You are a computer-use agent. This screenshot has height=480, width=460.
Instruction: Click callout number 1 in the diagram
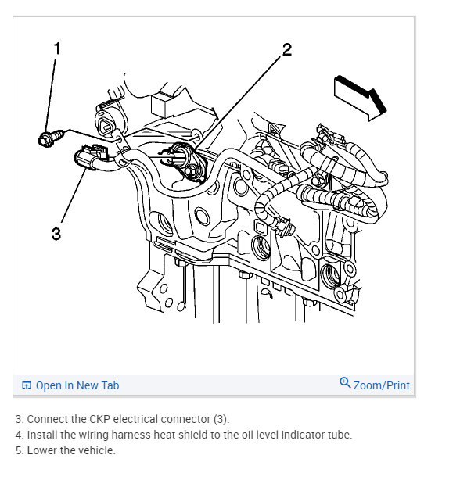click(x=56, y=48)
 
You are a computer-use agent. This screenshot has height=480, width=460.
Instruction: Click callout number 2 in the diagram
click(x=286, y=50)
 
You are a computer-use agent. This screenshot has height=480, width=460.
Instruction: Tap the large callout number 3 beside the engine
click(x=56, y=233)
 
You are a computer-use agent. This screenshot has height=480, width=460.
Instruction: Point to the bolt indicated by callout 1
click(x=45, y=140)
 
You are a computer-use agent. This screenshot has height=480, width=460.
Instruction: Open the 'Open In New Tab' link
click(x=77, y=385)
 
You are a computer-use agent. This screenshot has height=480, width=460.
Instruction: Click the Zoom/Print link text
click(x=382, y=385)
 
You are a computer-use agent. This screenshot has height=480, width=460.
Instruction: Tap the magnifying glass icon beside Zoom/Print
click(x=345, y=383)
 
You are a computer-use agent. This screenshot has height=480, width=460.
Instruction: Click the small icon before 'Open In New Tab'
click(x=27, y=385)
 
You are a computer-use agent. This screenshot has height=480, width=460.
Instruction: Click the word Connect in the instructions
click(x=47, y=419)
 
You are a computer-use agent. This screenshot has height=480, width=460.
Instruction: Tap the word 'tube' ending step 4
click(x=340, y=435)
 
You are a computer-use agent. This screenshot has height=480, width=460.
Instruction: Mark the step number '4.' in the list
click(x=20, y=435)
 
